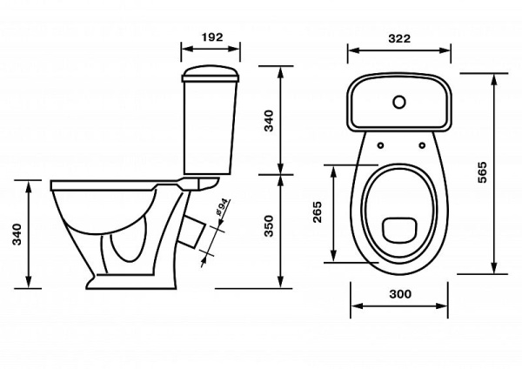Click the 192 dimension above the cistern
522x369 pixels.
[212, 37]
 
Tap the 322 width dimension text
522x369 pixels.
[399, 38]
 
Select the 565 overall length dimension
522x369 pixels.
[482, 172]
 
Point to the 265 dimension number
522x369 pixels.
[318, 212]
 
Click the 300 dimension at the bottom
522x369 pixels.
[400, 294]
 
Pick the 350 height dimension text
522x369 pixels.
[269, 226]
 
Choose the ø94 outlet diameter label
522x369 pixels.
[222, 207]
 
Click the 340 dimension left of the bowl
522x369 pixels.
[17, 234]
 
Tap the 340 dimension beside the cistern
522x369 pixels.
[269, 121]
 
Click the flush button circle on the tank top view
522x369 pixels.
[399, 102]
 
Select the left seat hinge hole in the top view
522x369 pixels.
[380, 145]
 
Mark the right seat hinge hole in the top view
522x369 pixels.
[422, 145]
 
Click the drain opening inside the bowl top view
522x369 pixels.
[400, 230]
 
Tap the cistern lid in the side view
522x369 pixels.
[211, 74]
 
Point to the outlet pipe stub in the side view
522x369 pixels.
[192, 231]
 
